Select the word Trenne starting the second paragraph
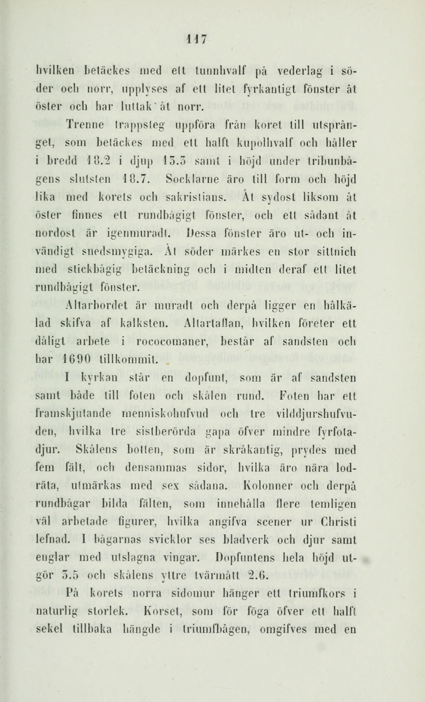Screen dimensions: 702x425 85,126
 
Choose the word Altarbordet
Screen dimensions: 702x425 96,306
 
